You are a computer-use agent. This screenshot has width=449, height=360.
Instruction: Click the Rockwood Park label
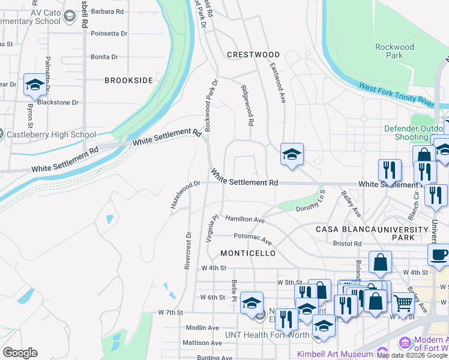(x=394, y=51)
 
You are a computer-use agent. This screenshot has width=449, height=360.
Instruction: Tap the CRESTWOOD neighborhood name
(x=253, y=55)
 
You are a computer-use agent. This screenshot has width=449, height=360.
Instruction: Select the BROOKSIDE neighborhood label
(x=128, y=80)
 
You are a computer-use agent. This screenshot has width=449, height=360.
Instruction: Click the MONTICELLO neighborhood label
(x=248, y=253)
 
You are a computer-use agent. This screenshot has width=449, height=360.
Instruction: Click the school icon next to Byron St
(x=35, y=85)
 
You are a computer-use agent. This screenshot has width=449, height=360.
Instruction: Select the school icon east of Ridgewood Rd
(x=292, y=154)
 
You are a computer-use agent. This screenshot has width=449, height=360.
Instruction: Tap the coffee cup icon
(x=439, y=254)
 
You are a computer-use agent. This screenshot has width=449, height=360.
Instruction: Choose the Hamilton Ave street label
(x=245, y=220)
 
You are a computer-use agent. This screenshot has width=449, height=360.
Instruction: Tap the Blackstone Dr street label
(x=58, y=102)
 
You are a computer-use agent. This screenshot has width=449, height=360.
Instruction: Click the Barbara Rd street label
(x=107, y=11)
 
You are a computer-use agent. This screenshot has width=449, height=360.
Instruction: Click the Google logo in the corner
(x=20, y=353)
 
